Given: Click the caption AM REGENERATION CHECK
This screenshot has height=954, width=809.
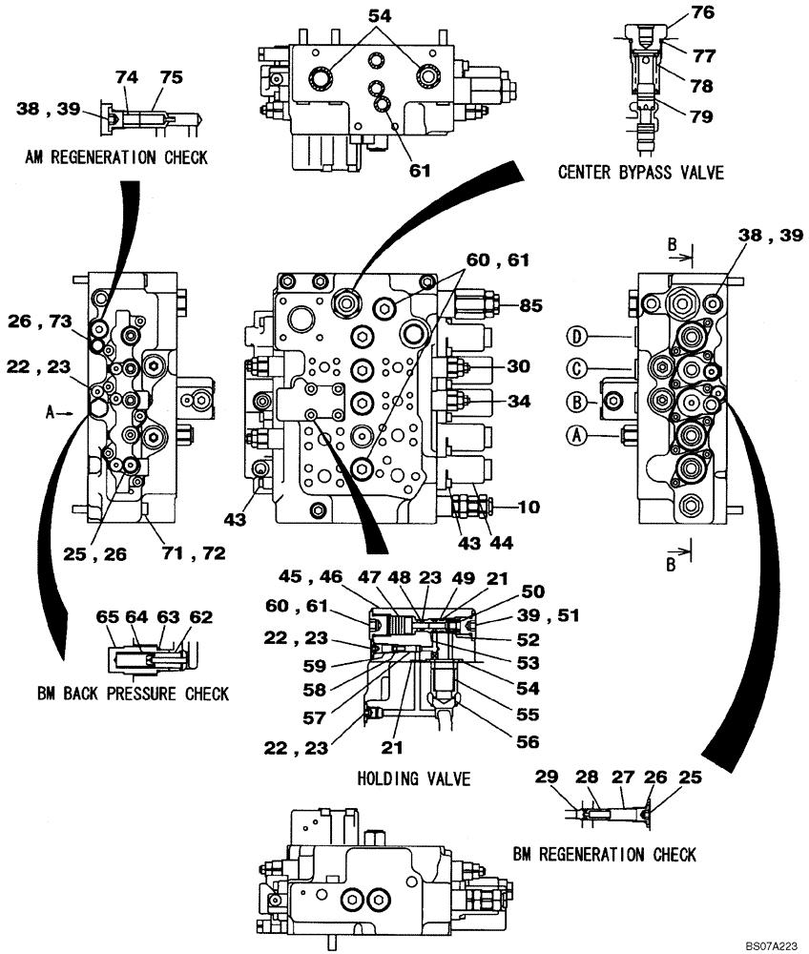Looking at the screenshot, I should tap(117, 158).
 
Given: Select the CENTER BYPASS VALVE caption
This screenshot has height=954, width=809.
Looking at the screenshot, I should tap(641, 173).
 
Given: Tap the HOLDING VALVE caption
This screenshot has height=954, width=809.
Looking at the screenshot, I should tap(414, 779).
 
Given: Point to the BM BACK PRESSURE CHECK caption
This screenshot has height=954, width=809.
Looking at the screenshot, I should tap(134, 694).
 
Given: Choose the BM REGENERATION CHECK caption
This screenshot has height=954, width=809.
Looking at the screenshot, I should tap(604, 854).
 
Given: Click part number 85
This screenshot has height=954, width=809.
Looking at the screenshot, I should tap(531, 307).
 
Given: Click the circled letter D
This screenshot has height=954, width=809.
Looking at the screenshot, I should tap(576, 335).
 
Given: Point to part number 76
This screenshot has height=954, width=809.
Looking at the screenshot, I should tap(702, 12).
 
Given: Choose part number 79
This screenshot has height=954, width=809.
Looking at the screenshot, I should tap(702, 117).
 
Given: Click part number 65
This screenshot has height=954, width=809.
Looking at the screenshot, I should tap(106, 617).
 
